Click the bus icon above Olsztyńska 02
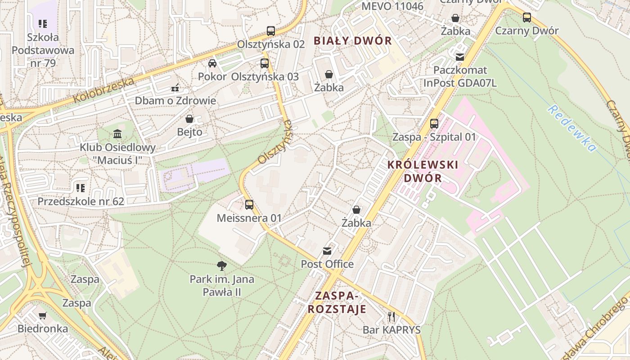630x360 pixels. click(270, 31)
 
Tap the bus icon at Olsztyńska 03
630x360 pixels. click(264, 63)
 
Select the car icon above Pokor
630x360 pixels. click(212, 63)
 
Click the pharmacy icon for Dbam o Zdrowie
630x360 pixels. click(175, 87)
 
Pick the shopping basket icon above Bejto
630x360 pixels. click(189, 119)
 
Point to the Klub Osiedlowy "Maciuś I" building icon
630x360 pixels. click(117, 134)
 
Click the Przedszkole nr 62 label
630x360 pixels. click(81, 201)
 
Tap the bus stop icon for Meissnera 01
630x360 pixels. click(249, 205)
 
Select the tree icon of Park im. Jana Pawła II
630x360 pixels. click(221, 265)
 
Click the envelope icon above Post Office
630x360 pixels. click(327, 251)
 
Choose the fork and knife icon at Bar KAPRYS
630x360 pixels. click(391, 317)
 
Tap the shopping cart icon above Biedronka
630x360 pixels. click(43, 315)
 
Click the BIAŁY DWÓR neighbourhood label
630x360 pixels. click(353, 40)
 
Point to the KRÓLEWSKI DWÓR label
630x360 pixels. click(423, 171)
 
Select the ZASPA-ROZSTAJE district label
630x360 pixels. click(337, 302)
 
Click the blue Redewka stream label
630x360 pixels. click(571, 129)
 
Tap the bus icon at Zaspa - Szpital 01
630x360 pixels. click(434, 123)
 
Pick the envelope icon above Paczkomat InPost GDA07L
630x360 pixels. click(459, 57)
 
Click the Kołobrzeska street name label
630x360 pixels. click(103, 90)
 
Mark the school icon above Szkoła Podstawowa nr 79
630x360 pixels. click(43, 23)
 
